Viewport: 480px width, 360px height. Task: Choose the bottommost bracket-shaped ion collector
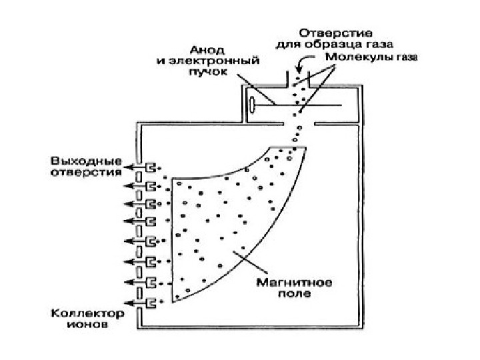(152, 303)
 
